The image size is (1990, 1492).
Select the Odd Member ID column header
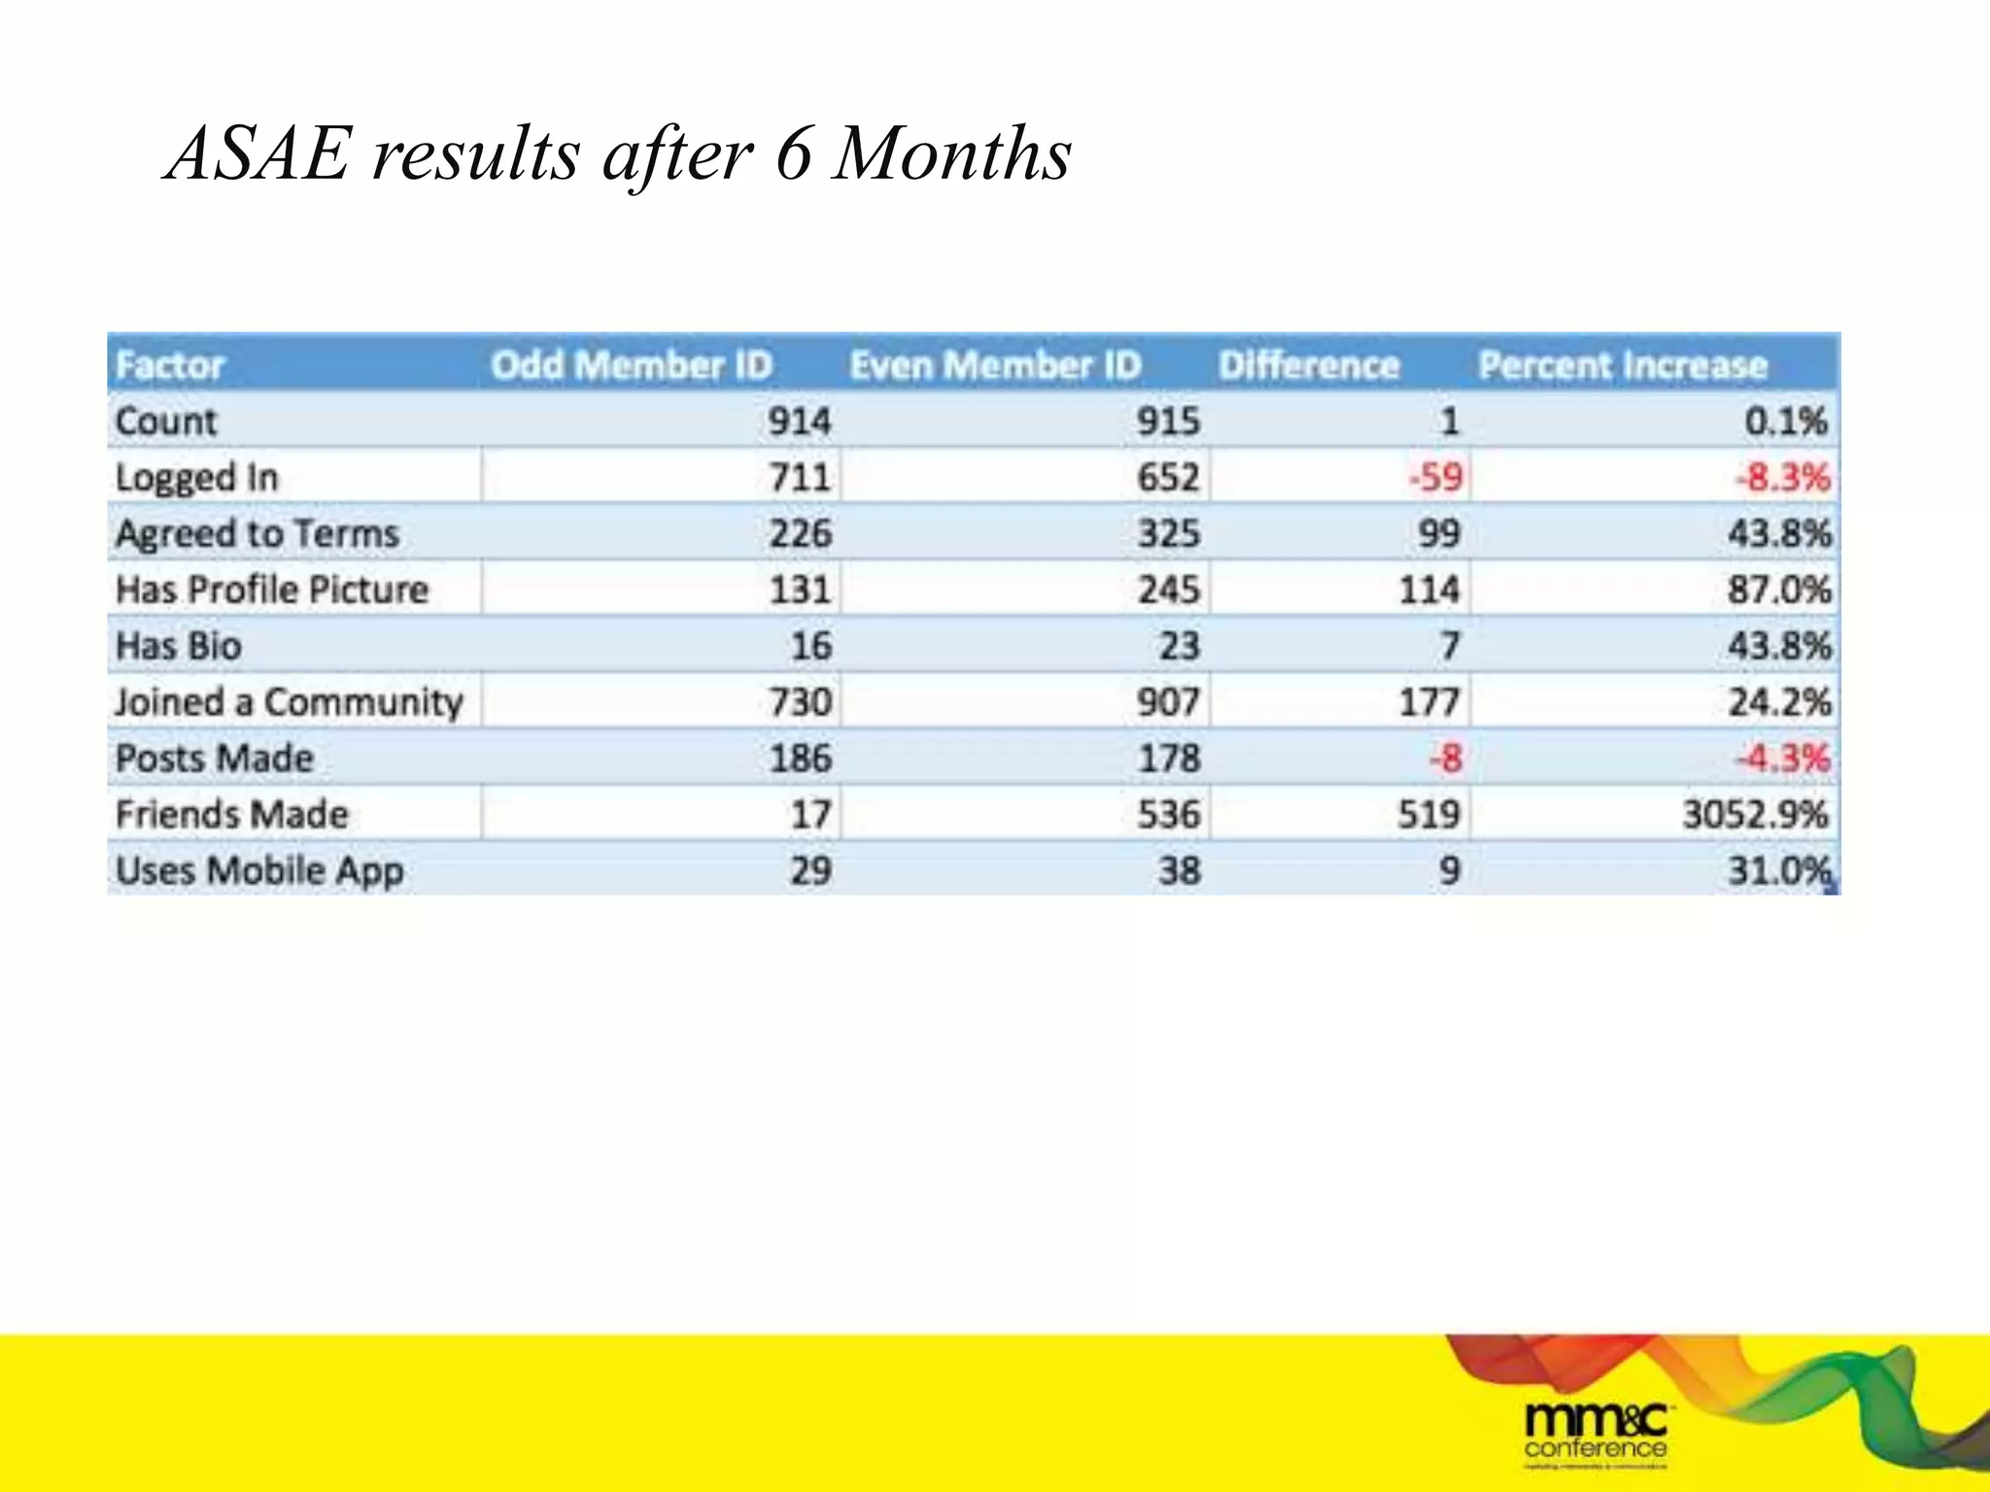coord(631,365)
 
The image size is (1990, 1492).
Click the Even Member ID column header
coord(994,365)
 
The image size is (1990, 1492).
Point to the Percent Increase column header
coord(1622,365)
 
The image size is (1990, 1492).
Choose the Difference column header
coord(1308,365)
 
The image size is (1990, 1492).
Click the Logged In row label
coord(196,478)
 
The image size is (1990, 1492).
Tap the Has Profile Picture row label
coord(271,590)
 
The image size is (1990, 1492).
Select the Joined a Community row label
coord(289,702)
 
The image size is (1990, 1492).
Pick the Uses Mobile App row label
coord(259,870)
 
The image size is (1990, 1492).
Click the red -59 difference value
coord(1435,478)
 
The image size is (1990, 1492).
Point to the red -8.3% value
coord(1782,478)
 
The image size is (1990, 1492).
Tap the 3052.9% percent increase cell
coord(1755,814)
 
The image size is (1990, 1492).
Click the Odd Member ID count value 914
coord(799,422)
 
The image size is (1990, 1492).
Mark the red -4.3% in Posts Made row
coord(1782,758)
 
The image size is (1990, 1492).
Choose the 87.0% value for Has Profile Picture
coord(1778,590)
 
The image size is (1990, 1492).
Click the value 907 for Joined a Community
coord(1168,702)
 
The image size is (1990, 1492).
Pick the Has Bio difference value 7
coord(1449,646)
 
